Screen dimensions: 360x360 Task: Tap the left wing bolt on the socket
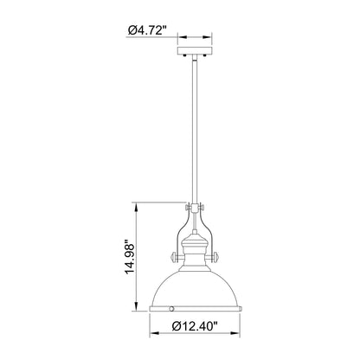click(176, 256)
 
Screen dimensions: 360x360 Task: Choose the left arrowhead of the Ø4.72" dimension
click(181, 38)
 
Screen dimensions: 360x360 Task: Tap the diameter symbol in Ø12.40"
click(173, 327)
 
